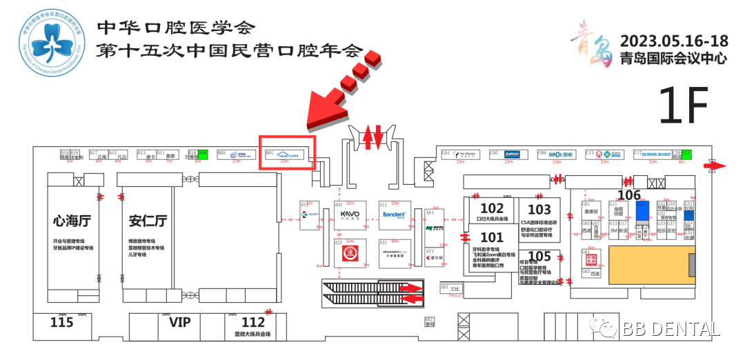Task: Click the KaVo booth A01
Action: [x=350, y=215]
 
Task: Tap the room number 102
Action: [x=492, y=208]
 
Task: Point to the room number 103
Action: [x=539, y=209]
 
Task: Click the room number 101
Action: [x=492, y=238]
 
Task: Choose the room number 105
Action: [x=539, y=257]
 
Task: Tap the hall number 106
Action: [x=628, y=195]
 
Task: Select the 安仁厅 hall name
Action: [x=148, y=221]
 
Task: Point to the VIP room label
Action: [x=179, y=322]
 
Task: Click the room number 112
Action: [x=253, y=322]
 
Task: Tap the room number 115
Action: [x=61, y=322]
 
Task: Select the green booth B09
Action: [x=203, y=154]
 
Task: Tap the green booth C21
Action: [x=686, y=154]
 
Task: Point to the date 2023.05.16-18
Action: [x=674, y=40]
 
